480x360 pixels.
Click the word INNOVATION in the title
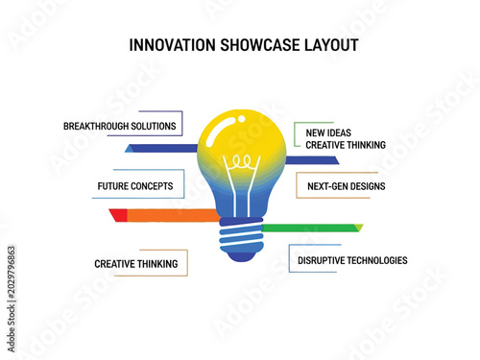(x=172, y=45)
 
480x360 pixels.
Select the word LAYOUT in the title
(x=331, y=45)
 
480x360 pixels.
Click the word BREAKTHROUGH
(x=95, y=126)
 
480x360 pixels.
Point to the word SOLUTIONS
(x=154, y=126)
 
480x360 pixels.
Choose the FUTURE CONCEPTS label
(x=135, y=186)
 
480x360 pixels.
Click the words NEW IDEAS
(x=328, y=132)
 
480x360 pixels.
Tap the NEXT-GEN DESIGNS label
(x=347, y=186)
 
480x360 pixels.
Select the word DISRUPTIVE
(x=321, y=260)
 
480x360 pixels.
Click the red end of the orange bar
(x=118, y=215)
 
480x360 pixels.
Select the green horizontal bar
(x=308, y=228)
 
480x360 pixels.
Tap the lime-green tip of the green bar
(x=359, y=228)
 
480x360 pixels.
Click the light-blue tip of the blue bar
(x=130, y=149)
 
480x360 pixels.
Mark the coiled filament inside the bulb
(x=242, y=161)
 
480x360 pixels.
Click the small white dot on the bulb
(x=242, y=119)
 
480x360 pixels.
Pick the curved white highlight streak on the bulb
(x=219, y=132)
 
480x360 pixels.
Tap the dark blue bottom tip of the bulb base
(x=241, y=257)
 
